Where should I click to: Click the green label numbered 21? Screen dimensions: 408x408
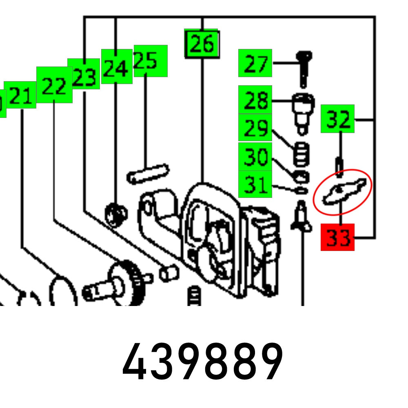(20, 95)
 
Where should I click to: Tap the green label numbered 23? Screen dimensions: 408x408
(84, 74)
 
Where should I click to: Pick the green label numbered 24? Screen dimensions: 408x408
(116, 67)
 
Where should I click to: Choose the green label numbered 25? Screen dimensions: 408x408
(150, 61)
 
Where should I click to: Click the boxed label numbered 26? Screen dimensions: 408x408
(202, 43)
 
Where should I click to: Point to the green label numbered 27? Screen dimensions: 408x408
(255, 63)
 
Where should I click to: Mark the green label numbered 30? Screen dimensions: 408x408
(255, 156)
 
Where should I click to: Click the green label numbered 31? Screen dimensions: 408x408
(255, 184)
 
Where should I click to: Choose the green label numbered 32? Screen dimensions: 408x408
(337, 119)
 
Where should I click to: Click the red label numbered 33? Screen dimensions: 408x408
(337, 237)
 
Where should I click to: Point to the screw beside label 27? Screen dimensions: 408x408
(304, 67)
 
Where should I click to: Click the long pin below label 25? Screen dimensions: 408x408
(147, 173)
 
